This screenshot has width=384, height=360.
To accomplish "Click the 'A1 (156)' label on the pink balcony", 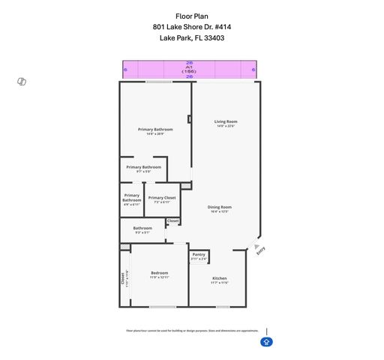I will point(189,69).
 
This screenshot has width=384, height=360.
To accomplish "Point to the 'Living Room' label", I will point(226,121).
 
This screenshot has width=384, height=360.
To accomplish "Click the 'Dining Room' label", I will point(219,207).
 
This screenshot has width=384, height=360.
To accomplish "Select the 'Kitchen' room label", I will point(219,278).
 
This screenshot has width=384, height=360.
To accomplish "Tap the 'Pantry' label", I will point(199,254).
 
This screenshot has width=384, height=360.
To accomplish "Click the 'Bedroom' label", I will point(159,273).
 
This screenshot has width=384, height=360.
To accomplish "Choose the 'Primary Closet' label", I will point(162,197).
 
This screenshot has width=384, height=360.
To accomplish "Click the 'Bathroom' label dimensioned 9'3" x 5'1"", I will point(142,228).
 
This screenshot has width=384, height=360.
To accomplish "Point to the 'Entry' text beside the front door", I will point(261,250).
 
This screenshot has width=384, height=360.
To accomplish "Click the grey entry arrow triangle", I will point(256,244).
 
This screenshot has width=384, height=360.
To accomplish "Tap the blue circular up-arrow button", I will point(266,342).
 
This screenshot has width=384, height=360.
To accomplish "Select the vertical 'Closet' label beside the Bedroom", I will point(124,277).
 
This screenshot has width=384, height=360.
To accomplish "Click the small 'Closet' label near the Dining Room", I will point(173,220).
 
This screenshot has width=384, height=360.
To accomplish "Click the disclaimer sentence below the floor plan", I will point(192,329).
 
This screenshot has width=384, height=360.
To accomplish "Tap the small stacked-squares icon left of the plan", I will point(22,81).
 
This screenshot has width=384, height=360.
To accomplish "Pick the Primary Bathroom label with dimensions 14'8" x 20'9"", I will point(156,129).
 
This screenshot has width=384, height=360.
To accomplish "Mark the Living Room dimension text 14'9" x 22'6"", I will point(226,127).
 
